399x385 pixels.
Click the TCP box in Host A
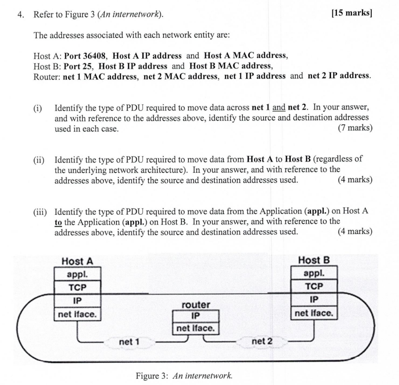(77, 288)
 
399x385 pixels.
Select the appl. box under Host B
(314, 273)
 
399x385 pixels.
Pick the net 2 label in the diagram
(262, 341)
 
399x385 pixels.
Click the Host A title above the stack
(77, 261)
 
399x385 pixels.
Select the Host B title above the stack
(314, 260)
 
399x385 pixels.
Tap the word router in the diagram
(196, 304)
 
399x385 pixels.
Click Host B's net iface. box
(314, 313)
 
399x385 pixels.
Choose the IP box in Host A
(77, 300)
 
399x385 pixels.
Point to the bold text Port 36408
(86, 56)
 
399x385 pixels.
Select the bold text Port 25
(78, 66)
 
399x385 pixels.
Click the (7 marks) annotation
(355, 128)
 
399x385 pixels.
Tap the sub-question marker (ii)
(39, 159)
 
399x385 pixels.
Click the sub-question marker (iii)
(40, 212)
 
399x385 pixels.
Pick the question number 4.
(21, 15)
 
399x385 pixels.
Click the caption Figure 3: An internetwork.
(184, 376)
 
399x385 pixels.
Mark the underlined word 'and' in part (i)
(279, 107)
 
